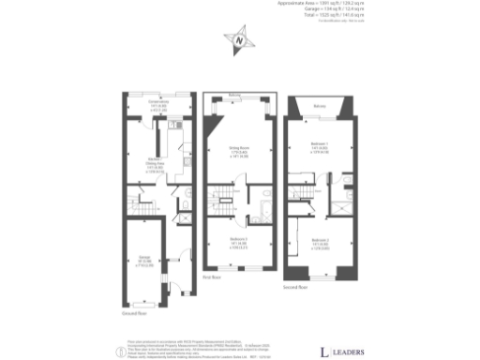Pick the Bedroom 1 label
[319, 148]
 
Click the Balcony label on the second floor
[319, 107]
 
